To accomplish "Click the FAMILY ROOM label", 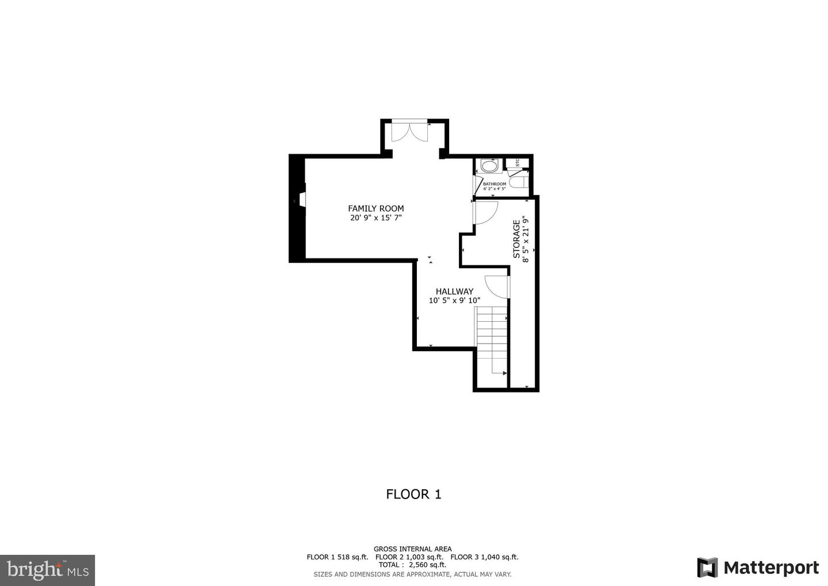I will pos(375,208).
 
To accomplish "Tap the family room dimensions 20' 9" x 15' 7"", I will pos(375,218).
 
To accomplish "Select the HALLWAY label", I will pos(454,291).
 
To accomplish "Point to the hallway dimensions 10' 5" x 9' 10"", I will pos(454,300).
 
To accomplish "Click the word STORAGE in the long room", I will pos(516,239).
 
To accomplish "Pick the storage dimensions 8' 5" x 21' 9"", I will pos(525,239).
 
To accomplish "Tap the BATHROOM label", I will pos(494,184).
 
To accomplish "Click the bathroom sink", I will pos(490,166).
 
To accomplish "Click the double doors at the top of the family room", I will pos(409,132).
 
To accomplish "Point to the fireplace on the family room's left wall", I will pos(301,201).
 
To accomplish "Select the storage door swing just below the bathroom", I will pos(484,212).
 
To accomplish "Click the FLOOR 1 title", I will pos(413,494).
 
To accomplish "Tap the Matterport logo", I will pos(758,568).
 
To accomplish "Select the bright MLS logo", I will pos(47,570).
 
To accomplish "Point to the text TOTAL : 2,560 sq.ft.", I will pos(412,565).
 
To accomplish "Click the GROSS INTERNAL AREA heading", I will pos(412,549).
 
